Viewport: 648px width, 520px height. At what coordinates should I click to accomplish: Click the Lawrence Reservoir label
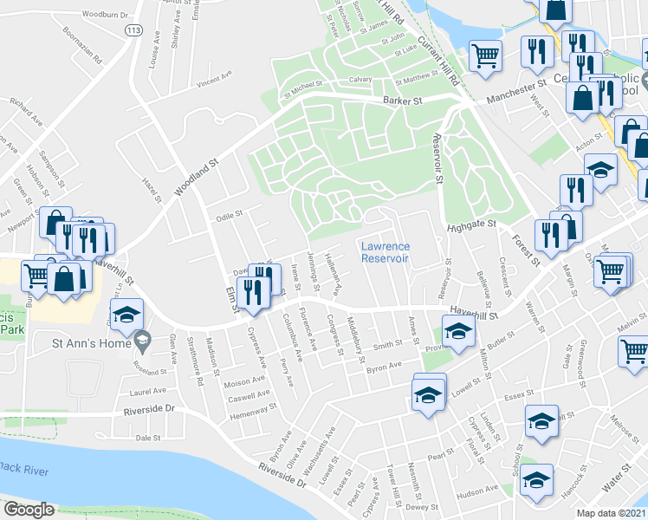386,252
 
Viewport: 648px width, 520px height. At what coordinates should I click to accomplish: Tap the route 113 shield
133,30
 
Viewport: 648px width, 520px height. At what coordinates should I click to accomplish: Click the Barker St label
403,101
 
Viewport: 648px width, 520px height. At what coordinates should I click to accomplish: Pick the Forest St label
526,248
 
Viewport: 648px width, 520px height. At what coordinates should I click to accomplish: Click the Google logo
29,509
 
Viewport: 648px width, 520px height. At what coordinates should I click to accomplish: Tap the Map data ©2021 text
612,512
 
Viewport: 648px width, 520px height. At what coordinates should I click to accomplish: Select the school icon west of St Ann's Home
127,315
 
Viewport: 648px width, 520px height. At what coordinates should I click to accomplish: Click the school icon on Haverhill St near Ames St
458,329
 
